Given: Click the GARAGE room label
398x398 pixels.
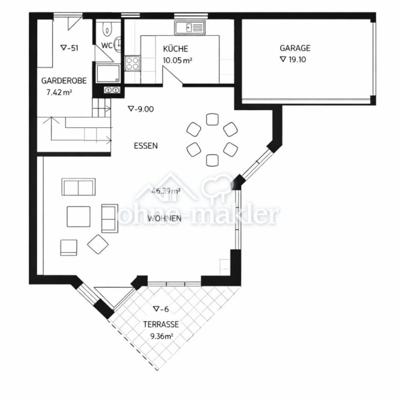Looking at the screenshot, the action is click(295, 48).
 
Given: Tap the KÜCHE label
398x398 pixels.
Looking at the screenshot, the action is click(176, 49).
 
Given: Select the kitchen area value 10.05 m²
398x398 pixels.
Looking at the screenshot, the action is click(177, 61).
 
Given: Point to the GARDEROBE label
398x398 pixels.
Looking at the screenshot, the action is click(64, 81).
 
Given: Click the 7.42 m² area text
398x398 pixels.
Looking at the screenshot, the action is click(59, 92).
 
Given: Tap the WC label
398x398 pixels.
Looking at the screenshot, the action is click(107, 46).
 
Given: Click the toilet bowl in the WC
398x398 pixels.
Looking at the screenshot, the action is click(107, 29).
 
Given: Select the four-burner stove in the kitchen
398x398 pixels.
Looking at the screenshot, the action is click(132, 63).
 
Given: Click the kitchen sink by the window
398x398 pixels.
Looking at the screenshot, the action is click(190, 27).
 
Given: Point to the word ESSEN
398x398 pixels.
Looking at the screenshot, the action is click(145, 145).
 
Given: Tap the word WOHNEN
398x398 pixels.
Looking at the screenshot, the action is click(164, 218).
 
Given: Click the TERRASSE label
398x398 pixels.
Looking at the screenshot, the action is click(161, 324).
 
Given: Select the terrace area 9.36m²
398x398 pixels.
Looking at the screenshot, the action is click(162, 337).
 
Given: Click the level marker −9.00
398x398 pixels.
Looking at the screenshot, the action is click(141, 109).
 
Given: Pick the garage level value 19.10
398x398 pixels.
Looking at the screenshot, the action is click(293, 59).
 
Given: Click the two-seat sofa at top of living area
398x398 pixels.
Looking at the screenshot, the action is click(78, 187).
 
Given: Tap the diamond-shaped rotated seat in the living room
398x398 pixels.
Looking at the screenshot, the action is click(98, 244).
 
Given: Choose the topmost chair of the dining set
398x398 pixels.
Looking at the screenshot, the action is click(212, 119).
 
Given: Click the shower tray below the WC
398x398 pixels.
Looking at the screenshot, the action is click(108, 73).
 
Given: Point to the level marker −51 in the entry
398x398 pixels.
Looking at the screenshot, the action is click(69, 48).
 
